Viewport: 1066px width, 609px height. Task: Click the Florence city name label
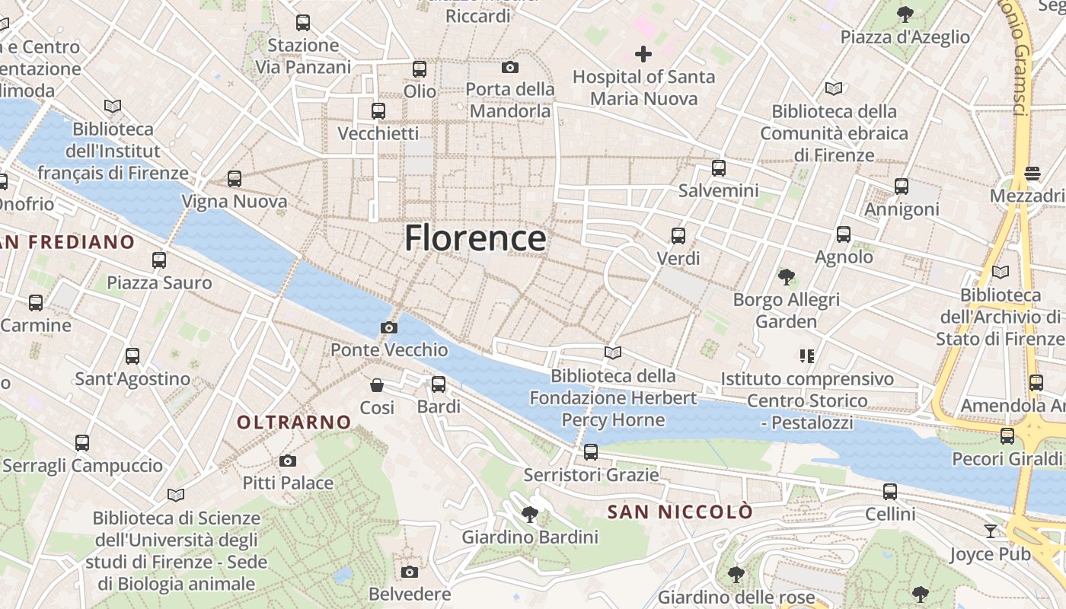tap(475, 238)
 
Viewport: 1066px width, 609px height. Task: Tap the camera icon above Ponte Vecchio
tap(389, 327)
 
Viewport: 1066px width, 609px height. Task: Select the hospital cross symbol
tap(643, 54)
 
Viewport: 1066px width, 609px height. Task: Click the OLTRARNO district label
tap(294, 422)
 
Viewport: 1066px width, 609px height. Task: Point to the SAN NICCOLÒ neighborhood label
tap(680, 512)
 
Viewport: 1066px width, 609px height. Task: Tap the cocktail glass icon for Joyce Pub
tap(990, 531)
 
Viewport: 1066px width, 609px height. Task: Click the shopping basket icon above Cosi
tap(377, 385)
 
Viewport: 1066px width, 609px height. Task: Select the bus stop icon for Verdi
tap(678, 236)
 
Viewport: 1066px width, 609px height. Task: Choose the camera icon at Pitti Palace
tap(288, 461)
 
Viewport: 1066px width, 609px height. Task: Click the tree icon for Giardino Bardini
tap(530, 515)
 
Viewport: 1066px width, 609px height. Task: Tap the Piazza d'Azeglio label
tap(905, 37)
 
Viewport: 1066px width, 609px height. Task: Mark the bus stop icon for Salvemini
tap(719, 168)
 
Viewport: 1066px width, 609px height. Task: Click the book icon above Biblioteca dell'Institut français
tap(113, 106)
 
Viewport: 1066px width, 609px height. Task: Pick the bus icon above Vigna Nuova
tap(235, 179)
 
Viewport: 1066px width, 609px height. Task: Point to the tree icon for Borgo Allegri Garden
tap(787, 277)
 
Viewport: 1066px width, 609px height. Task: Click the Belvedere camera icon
tap(410, 572)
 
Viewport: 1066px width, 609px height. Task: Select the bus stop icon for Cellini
tap(890, 492)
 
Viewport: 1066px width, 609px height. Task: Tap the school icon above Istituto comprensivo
tap(807, 356)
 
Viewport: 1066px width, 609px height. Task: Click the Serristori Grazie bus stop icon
tap(591, 452)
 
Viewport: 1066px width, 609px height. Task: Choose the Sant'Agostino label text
tap(132, 378)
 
